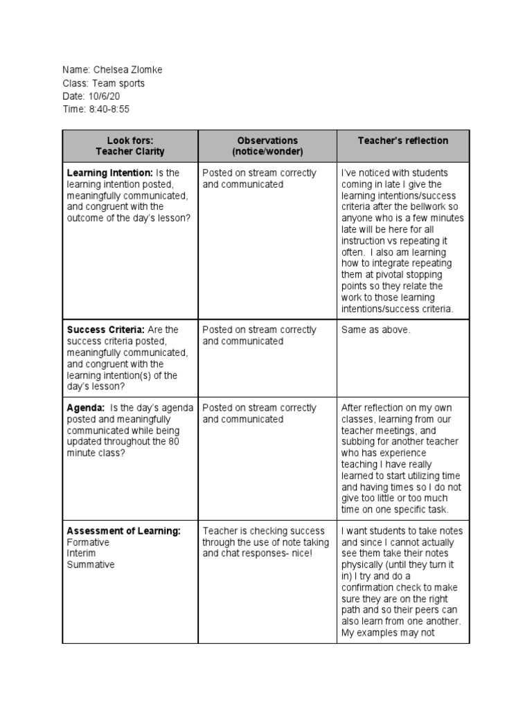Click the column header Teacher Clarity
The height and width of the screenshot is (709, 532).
coord(130,152)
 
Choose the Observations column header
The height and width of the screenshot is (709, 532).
coord(267,141)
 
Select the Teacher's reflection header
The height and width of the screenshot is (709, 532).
coord(402,141)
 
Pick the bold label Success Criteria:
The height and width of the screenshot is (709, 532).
coord(105,330)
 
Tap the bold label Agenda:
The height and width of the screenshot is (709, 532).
coord(86,409)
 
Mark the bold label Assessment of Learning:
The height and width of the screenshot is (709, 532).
coord(123,531)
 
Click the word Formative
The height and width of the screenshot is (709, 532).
coord(88,543)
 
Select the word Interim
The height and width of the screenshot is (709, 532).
coord(81,554)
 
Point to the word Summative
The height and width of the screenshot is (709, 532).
coord(91,565)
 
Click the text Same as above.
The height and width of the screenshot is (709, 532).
coord(375,330)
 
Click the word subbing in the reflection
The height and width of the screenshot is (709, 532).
coord(357,442)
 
